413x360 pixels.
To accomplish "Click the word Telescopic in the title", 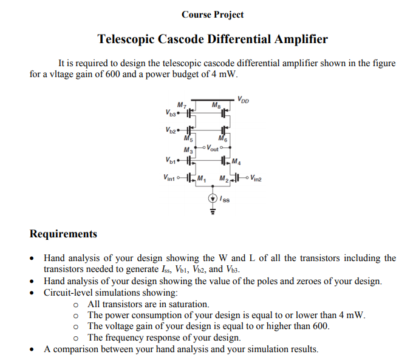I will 126,39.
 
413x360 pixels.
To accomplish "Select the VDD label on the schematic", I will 242,99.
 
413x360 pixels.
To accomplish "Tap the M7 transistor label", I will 181,106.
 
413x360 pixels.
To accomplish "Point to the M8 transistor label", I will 215,106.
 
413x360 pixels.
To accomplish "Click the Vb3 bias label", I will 170,113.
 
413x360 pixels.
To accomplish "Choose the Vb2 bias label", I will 170,131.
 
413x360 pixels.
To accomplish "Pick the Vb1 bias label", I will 170,161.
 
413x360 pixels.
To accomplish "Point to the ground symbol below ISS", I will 213,212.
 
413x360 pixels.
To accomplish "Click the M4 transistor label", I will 236,161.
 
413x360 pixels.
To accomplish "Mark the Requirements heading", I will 63,234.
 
